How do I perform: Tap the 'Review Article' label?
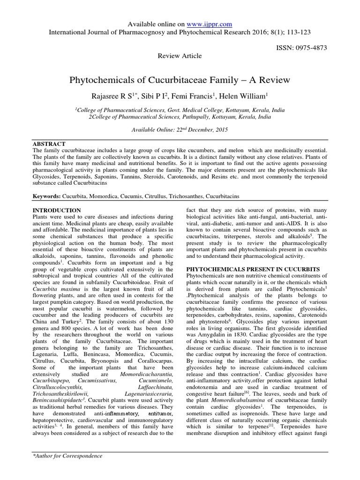[x=180, y=56]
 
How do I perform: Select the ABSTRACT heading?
[x=49, y=143]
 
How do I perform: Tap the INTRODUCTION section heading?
[x=56, y=210]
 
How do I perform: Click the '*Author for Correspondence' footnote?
[x=67, y=456]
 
